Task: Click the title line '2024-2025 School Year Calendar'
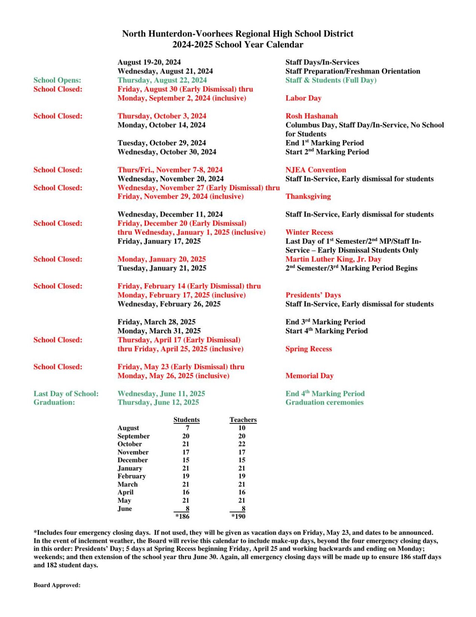click(237, 44)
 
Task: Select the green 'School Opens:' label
click(57, 80)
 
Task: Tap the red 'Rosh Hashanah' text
click(311, 116)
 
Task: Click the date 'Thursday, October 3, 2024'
click(162, 116)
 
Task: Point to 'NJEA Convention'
click(315, 170)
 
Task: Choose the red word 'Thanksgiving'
click(308, 196)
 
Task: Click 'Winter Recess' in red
click(309, 232)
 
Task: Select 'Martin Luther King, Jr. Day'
click(333, 259)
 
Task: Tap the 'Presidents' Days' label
click(313, 295)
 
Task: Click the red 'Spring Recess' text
click(308, 349)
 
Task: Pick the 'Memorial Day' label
click(309, 376)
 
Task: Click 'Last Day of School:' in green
click(66, 394)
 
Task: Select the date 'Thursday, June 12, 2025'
click(158, 402)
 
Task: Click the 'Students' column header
click(186, 420)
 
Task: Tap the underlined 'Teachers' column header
click(243, 420)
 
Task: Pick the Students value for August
click(187, 428)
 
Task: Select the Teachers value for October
click(242, 444)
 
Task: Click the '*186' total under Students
click(182, 516)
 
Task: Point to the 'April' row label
click(125, 492)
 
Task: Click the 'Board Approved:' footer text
click(57, 585)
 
